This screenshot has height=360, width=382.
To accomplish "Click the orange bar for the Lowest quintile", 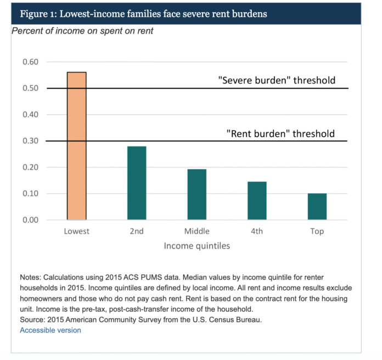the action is click(x=77, y=146).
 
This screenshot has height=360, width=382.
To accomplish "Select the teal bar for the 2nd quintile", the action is click(x=137, y=183).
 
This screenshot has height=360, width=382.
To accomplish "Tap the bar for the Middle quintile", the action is click(x=197, y=194).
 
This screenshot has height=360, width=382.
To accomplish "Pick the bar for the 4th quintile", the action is click(x=257, y=201).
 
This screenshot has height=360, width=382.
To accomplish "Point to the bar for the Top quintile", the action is click(x=317, y=206).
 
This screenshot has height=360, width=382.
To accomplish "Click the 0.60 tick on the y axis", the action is click(x=30, y=62).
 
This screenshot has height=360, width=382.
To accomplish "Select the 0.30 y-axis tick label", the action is click(x=30, y=141).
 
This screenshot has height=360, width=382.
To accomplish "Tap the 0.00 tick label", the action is click(x=30, y=220).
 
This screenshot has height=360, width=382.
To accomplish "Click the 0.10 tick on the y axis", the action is click(x=30, y=194).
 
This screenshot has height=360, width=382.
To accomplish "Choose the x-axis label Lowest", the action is click(x=76, y=231).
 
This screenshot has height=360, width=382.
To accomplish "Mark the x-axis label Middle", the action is click(x=197, y=231).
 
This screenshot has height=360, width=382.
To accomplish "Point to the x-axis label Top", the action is click(x=317, y=232).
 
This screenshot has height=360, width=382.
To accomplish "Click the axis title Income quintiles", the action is click(x=197, y=246).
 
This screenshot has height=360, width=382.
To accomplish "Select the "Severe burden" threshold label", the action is click(x=277, y=80).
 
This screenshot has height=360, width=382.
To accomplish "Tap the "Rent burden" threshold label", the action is click(x=280, y=134).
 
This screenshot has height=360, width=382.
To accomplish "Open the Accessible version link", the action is click(x=50, y=330).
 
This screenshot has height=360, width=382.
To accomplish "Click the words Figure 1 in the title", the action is click(x=38, y=14).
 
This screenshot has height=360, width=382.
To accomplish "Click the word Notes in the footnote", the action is click(x=30, y=278).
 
